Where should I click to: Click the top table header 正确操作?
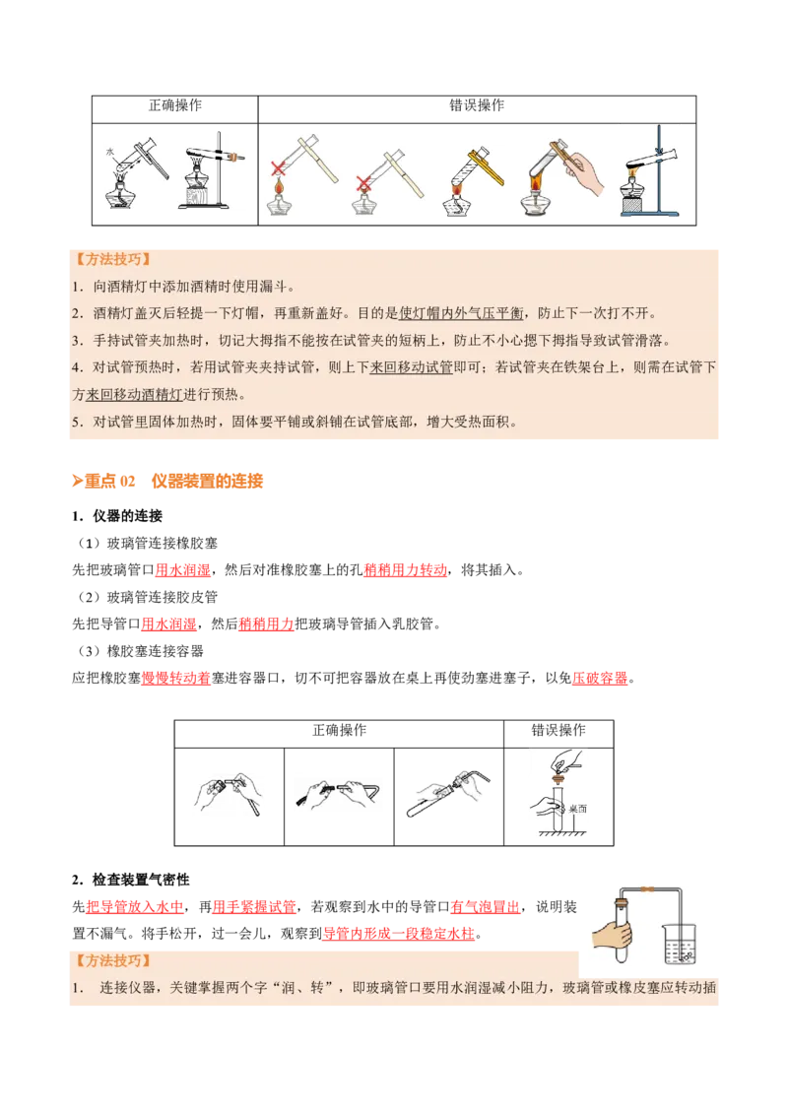[175, 105]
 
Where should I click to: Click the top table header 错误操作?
[477, 105]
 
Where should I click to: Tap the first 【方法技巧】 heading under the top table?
[114, 260]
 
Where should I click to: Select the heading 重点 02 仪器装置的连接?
[167, 482]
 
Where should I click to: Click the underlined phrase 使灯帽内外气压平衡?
[461, 313]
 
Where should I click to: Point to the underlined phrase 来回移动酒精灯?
[134, 395]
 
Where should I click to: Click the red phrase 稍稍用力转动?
[406, 570]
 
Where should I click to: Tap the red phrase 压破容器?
[600, 679]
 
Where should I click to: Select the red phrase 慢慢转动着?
[175, 679]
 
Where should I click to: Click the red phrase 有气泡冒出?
[485, 907]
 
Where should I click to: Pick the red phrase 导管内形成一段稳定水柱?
[398, 935]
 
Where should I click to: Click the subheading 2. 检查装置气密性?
[131, 881]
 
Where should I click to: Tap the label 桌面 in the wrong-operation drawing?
[578, 810]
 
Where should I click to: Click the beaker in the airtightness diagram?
[680, 943]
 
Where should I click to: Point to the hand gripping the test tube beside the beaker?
[612, 935]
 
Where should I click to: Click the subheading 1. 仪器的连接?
[117, 516]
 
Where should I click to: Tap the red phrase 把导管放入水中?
[134, 907]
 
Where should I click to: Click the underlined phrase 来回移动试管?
[411, 367]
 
